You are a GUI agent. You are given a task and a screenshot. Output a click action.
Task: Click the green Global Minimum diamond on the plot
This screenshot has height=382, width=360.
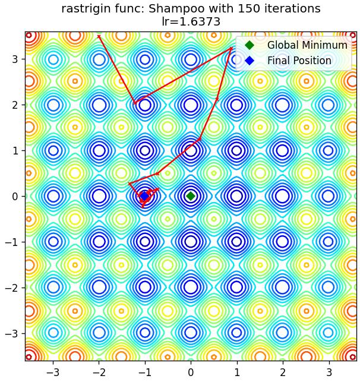point(191,196)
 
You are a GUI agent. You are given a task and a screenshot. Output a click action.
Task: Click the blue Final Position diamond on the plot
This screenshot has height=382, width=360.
point(145,196)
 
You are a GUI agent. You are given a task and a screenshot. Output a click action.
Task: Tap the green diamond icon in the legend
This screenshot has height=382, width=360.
point(250,45)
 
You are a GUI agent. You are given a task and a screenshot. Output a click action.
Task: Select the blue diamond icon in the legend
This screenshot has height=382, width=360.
point(250,61)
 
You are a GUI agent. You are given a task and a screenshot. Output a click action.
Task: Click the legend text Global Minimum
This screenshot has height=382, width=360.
point(307,45)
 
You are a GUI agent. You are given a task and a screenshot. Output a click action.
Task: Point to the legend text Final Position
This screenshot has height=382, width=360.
point(299,61)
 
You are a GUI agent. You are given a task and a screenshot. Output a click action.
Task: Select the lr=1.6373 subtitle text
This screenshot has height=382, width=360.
point(191,22)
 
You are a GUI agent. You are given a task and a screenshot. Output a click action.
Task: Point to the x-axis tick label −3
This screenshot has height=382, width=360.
point(53,372)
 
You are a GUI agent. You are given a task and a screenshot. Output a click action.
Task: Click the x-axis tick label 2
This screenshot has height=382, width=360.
point(283,372)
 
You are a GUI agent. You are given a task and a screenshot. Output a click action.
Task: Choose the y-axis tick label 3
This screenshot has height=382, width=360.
point(15,59)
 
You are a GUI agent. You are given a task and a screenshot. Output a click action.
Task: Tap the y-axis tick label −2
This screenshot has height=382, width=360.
point(12,288)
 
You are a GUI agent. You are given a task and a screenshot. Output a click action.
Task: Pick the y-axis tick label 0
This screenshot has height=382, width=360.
point(15,196)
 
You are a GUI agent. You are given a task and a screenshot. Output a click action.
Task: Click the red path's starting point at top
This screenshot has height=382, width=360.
point(99,37)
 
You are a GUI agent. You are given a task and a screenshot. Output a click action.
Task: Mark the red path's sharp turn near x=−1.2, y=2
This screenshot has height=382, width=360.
point(135,103)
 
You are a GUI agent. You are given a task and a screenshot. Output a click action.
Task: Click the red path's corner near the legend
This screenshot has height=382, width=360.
point(231,48)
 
